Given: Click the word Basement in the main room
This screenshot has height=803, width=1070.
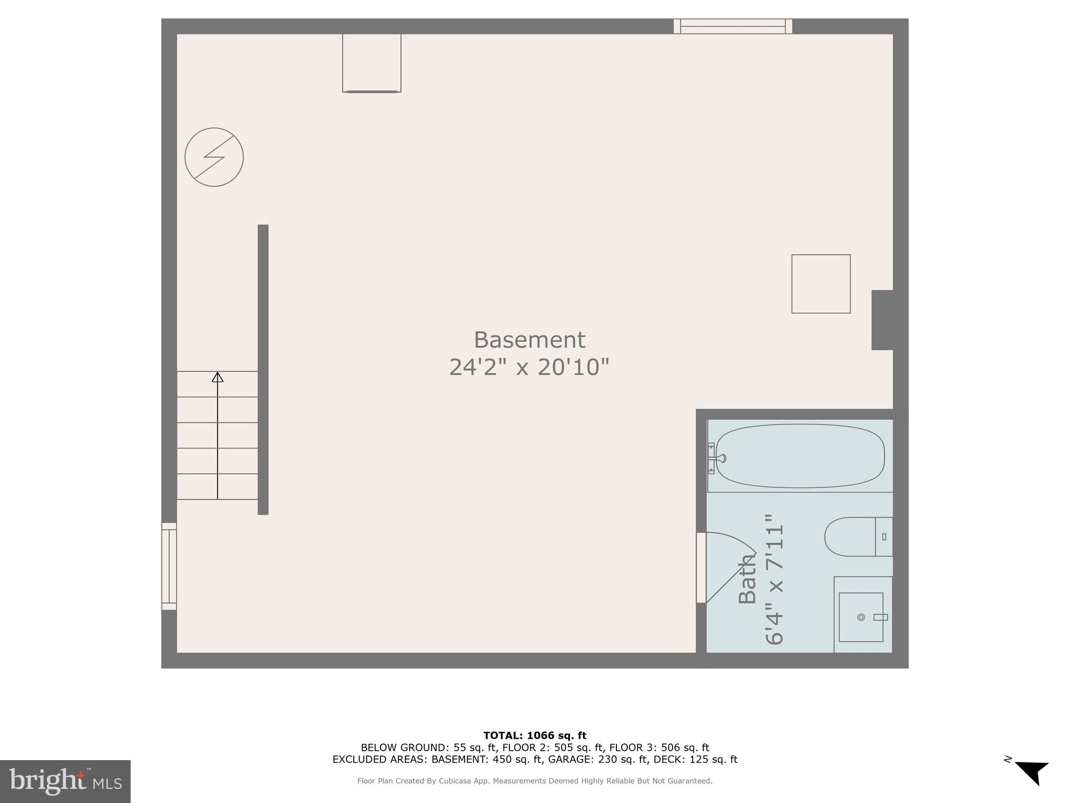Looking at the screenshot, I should [x=529, y=340].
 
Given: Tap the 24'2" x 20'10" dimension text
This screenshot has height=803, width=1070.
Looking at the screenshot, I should [x=529, y=367].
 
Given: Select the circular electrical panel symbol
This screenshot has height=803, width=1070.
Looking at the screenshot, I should [x=214, y=157].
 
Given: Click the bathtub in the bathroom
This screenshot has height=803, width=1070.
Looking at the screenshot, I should [x=799, y=456].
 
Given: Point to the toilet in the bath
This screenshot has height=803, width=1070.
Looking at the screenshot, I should [x=857, y=537].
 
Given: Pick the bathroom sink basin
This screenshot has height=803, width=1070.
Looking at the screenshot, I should [x=860, y=617].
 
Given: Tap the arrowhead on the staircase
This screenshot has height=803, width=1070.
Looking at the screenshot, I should [x=217, y=377].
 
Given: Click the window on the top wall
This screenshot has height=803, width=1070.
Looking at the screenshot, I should [x=732, y=26].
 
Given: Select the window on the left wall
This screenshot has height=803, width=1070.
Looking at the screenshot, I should [x=169, y=567].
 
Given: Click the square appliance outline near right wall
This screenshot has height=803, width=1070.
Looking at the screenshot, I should [x=821, y=284].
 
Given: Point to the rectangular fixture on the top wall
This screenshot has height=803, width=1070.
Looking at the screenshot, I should [x=371, y=63].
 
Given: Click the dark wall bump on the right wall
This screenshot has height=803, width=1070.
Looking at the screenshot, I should [x=882, y=320].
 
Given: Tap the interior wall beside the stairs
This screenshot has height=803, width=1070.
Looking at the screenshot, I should [x=263, y=369].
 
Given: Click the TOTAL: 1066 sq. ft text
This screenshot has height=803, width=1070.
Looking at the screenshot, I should [x=534, y=736].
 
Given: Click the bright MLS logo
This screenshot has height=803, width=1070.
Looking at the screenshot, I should [x=65, y=781].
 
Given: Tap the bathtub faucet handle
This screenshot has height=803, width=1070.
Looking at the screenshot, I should [x=720, y=458].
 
